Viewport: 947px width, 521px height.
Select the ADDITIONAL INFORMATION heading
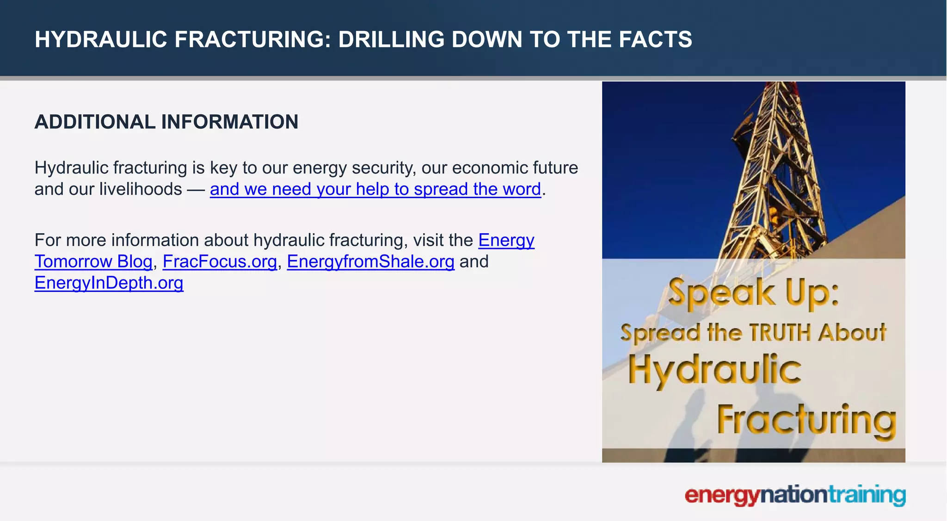pyautogui.click(x=166, y=122)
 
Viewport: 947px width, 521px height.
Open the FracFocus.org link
pyautogui.click(x=220, y=262)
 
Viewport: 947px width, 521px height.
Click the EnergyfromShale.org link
pyautogui.click(x=370, y=262)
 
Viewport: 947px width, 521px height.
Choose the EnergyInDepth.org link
pyautogui.click(x=109, y=283)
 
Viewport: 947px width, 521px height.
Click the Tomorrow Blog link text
pyautogui.click(x=93, y=262)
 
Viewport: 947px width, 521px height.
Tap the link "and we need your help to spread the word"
pyautogui.click(x=375, y=189)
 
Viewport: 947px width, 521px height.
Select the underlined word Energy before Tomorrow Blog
pyautogui.click(x=506, y=241)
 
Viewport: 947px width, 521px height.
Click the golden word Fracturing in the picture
pyautogui.click(x=806, y=420)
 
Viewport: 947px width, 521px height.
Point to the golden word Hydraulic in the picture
pyautogui.click(x=714, y=370)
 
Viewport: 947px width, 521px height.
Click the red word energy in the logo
pyautogui.click(x=722, y=496)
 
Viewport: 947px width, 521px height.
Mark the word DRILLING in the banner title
pyautogui.click(x=391, y=39)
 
